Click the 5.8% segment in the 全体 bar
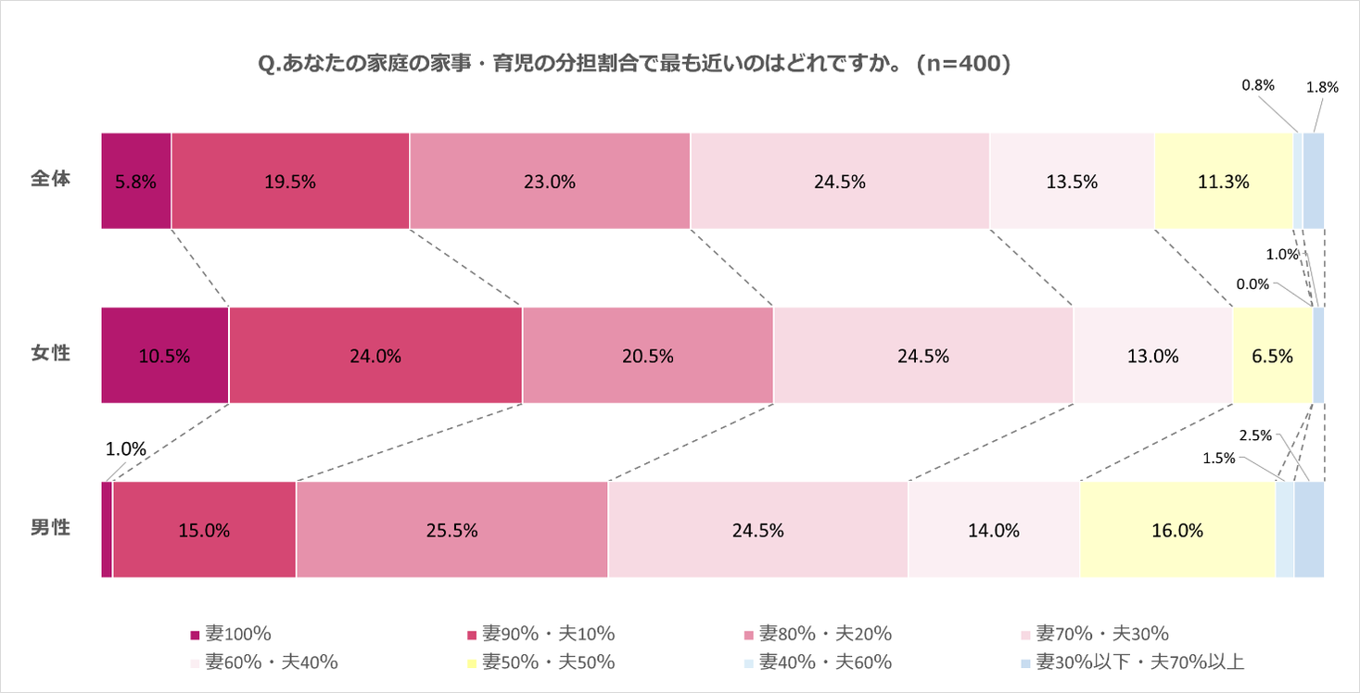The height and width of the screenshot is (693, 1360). coord(136,182)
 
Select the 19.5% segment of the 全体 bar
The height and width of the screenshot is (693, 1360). coord(290,182)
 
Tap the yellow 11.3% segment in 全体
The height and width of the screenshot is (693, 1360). coord(1223,182)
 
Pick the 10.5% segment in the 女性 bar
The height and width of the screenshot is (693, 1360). coord(165,356)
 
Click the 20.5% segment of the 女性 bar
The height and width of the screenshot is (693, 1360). coord(648,356)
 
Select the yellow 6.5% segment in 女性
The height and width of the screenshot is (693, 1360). coord(1273,356)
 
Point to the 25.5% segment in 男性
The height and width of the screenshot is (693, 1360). coord(451,531)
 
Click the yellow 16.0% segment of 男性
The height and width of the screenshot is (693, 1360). coord(1177,531)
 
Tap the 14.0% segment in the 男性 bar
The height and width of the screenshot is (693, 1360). coord(994,531)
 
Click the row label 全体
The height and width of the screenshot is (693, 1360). coord(50,178)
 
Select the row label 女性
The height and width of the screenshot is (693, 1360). coord(50,353)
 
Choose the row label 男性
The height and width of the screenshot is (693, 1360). coord(50,527)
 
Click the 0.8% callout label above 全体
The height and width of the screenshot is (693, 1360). coord(1258,85)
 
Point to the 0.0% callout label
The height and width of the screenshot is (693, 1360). coord(1252,284)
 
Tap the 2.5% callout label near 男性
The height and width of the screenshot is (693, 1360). coord(1256,435)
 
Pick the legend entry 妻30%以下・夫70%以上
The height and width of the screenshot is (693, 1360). coord(1139,662)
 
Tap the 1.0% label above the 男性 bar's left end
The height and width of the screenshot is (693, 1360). coord(125,449)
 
